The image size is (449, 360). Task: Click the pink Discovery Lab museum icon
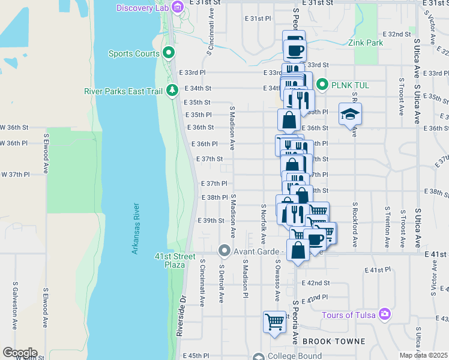click(176, 7)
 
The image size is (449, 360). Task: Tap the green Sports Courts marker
click(169, 53)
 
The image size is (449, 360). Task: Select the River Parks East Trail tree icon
click(173, 91)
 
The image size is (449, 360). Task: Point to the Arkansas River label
click(136, 229)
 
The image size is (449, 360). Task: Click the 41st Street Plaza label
click(175, 260)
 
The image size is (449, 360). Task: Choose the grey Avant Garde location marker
click(224, 250)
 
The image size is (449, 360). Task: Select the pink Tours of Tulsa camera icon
click(385, 314)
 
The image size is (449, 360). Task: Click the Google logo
click(19, 352)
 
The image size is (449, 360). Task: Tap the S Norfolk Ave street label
click(263, 223)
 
